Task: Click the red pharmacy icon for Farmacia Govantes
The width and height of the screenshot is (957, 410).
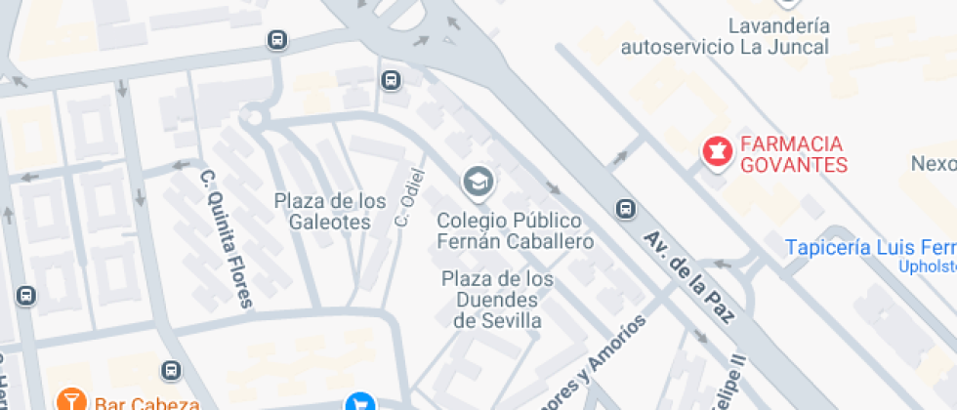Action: tap(716, 152)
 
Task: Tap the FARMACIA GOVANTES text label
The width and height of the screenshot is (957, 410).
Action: tap(793, 155)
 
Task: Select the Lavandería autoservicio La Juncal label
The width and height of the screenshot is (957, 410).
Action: tap(725, 37)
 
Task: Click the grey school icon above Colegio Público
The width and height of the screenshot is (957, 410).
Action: tap(478, 181)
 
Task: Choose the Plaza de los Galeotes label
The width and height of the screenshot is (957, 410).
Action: tap(330, 212)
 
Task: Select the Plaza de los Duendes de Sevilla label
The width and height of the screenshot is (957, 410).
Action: tap(498, 300)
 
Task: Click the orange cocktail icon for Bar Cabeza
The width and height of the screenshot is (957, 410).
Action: tap(70, 400)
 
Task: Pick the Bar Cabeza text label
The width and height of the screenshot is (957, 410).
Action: tap(146, 402)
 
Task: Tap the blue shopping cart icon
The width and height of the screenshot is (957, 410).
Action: tap(360, 402)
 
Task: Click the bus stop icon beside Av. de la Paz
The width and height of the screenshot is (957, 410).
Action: tap(625, 209)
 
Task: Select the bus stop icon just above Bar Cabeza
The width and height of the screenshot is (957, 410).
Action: tap(172, 370)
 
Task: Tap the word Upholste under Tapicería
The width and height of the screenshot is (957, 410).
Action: tap(927, 266)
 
